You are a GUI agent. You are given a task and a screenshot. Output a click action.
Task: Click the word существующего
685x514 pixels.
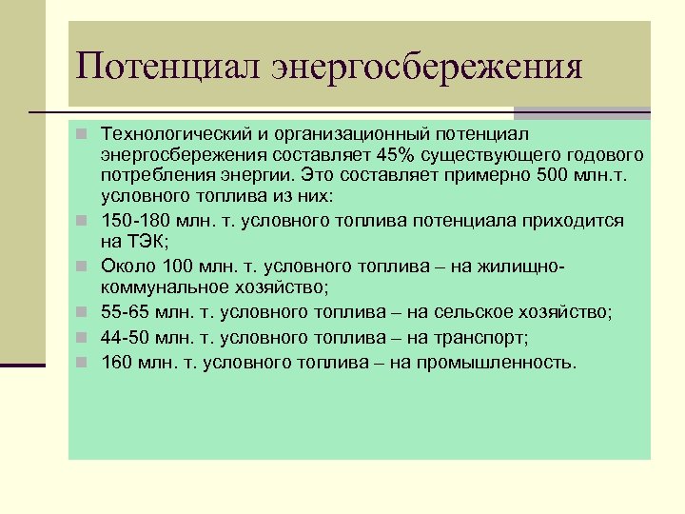pyautogui.click(x=491, y=154)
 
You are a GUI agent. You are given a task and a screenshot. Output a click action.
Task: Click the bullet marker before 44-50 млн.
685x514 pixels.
pyautogui.click(x=83, y=337)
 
